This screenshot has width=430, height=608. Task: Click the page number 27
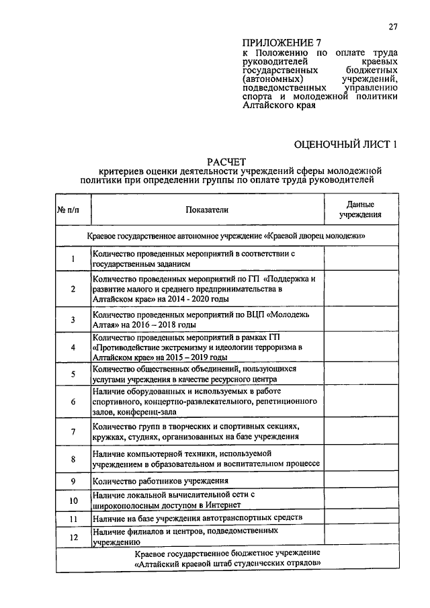[x=393, y=27]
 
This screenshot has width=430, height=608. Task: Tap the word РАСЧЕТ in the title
[x=231, y=161]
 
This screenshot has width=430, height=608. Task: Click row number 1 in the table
[x=73, y=259]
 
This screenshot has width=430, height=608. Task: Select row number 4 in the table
[x=73, y=348]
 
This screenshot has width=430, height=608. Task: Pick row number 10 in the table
[x=73, y=500]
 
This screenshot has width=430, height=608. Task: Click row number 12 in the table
[x=73, y=537]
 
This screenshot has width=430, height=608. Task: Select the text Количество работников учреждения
[x=161, y=481]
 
